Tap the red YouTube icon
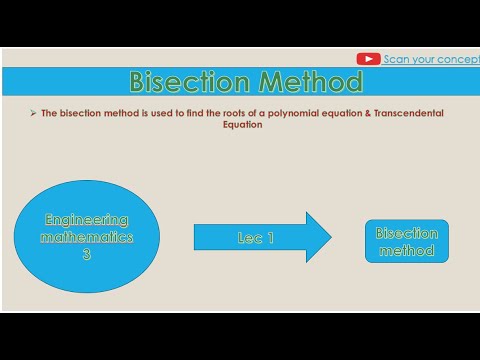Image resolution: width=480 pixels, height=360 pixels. click(x=368, y=59)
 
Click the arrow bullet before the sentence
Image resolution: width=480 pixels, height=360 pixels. click(x=33, y=114)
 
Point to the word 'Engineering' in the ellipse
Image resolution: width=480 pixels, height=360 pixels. click(x=87, y=220)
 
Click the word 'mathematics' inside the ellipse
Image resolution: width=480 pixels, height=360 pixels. click(x=87, y=238)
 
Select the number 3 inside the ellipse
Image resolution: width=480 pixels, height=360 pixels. click(x=87, y=255)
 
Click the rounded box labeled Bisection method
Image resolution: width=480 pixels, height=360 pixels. click(x=406, y=241)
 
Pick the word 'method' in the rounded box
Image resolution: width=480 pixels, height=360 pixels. click(x=406, y=251)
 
